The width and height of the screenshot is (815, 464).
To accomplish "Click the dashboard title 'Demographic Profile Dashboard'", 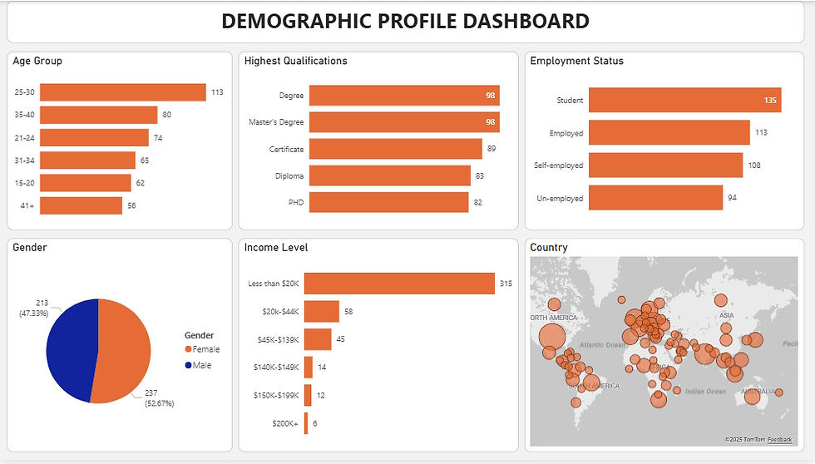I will coord(406,22).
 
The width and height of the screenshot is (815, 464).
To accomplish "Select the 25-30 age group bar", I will coord(122,92).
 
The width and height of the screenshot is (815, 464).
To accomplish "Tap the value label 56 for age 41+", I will coord(131,205).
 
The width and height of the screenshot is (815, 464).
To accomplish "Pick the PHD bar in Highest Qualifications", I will coord(388,202).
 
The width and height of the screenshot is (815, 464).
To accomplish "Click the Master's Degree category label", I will coord(276,122).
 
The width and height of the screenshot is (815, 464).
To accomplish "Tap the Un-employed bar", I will coord(655,198).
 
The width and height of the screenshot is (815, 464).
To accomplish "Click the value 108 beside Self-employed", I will coord(754,165).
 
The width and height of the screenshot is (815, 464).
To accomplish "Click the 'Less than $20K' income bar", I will coord(399,284).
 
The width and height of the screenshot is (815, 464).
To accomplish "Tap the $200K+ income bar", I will coord(306,423).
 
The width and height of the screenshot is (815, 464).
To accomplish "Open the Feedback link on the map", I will coord(779,439).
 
